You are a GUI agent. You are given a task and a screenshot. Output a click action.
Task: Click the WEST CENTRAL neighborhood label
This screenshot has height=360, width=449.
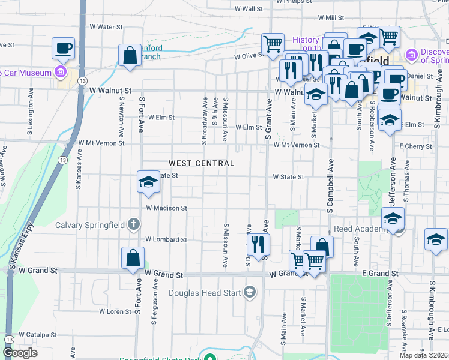point(201,163)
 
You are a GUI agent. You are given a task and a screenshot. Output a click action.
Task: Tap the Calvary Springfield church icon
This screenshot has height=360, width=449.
point(133,225)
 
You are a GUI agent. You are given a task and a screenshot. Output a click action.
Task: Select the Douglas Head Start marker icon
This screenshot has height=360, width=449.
point(249,293)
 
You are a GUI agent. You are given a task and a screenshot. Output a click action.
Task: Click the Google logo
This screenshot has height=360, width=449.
point(20,353)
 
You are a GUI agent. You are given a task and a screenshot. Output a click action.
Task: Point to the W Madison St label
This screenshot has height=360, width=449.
point(166,208)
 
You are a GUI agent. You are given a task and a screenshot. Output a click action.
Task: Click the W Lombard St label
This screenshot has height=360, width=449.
point(166,239)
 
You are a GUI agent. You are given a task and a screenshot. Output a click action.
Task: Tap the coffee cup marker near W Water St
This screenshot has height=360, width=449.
point(62,48)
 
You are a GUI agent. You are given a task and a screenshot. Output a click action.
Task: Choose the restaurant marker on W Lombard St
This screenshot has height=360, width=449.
point(259,244)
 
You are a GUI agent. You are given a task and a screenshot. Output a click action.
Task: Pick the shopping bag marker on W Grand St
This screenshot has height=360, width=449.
point(133,259)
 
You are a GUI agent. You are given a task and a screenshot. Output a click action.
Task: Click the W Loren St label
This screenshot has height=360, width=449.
point(115,312)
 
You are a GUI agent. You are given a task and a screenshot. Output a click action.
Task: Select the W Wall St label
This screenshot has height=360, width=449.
point(249,10)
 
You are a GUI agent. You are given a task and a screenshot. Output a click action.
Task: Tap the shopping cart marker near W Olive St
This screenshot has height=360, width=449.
point(273,43)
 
